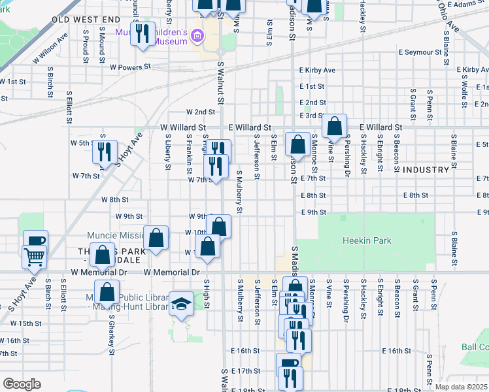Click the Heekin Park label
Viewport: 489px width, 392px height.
click(367, 240)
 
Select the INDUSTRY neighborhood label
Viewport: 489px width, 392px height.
click(426, 170)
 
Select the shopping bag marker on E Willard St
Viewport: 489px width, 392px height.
click(334, 125)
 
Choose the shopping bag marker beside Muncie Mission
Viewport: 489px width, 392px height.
click(156, 238)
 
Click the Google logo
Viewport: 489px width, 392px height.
click(21, 384)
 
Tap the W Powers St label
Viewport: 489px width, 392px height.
click(130, 67)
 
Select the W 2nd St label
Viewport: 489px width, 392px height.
click(201, 112)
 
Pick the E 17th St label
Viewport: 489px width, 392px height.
click(245, 370)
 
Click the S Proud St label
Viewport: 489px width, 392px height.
click(86, 43)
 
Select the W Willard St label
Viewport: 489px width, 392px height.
click(183, 127)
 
